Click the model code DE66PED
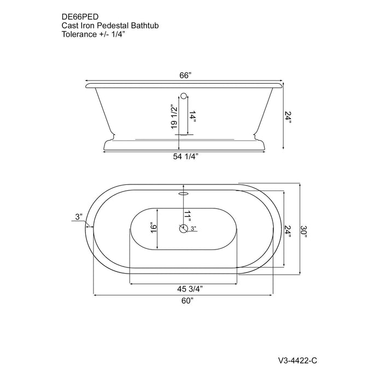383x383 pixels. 80,16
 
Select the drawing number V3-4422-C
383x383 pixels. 298,361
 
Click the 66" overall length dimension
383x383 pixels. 185,76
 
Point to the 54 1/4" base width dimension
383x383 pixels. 185,156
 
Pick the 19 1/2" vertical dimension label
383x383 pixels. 174,117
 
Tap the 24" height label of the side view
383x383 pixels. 288,117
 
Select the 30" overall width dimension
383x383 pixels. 304,231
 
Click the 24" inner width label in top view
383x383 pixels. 288,231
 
